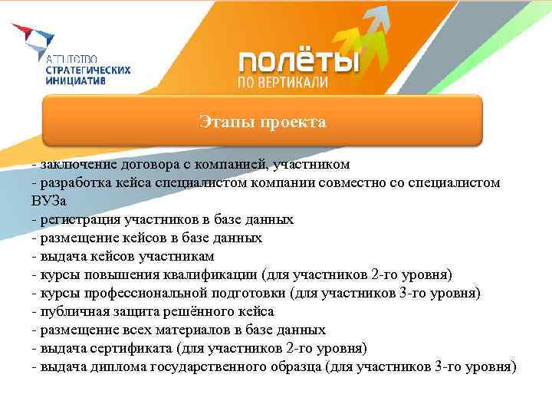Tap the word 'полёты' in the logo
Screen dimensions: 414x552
click(x=298, y=62)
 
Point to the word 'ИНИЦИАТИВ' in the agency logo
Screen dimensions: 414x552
click(x=76, y=78)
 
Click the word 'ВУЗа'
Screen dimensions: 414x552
click(x=48, y=201)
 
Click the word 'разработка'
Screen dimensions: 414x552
click(x=74, y=182)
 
